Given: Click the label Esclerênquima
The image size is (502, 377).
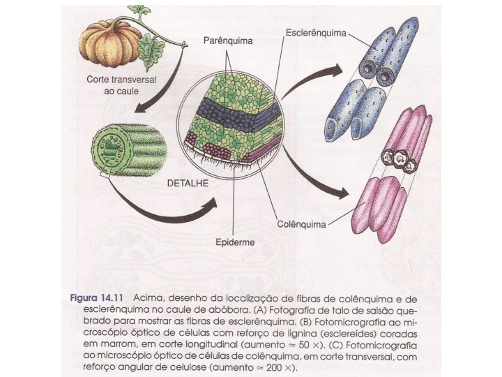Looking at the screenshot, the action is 317,32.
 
